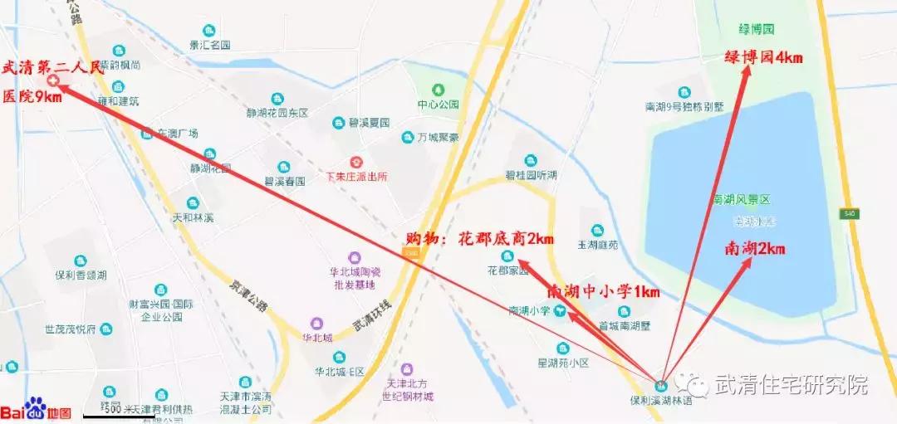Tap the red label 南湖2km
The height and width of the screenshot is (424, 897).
755,248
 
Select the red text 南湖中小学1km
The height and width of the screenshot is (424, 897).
603,292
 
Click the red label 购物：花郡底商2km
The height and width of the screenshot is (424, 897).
479,239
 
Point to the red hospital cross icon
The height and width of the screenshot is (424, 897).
52,81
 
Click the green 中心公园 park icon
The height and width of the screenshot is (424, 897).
438,89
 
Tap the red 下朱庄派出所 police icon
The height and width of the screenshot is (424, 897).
356,160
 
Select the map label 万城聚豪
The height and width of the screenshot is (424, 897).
438,138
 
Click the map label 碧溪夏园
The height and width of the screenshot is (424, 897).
369,123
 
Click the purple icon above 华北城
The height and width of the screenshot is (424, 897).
316,323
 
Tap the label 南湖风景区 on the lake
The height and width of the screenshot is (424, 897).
742,200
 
